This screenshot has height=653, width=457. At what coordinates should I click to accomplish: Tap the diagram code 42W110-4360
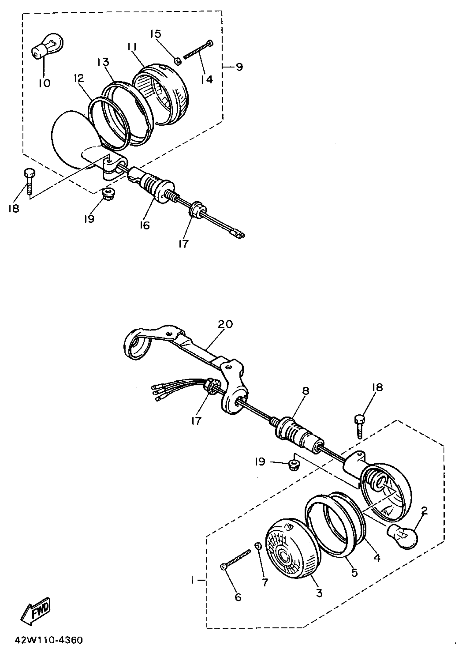click(x=49, y=640)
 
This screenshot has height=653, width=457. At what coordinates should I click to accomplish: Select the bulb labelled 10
click(x=47, y=46)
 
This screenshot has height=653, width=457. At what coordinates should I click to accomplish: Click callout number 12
click(x=79, y=78)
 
